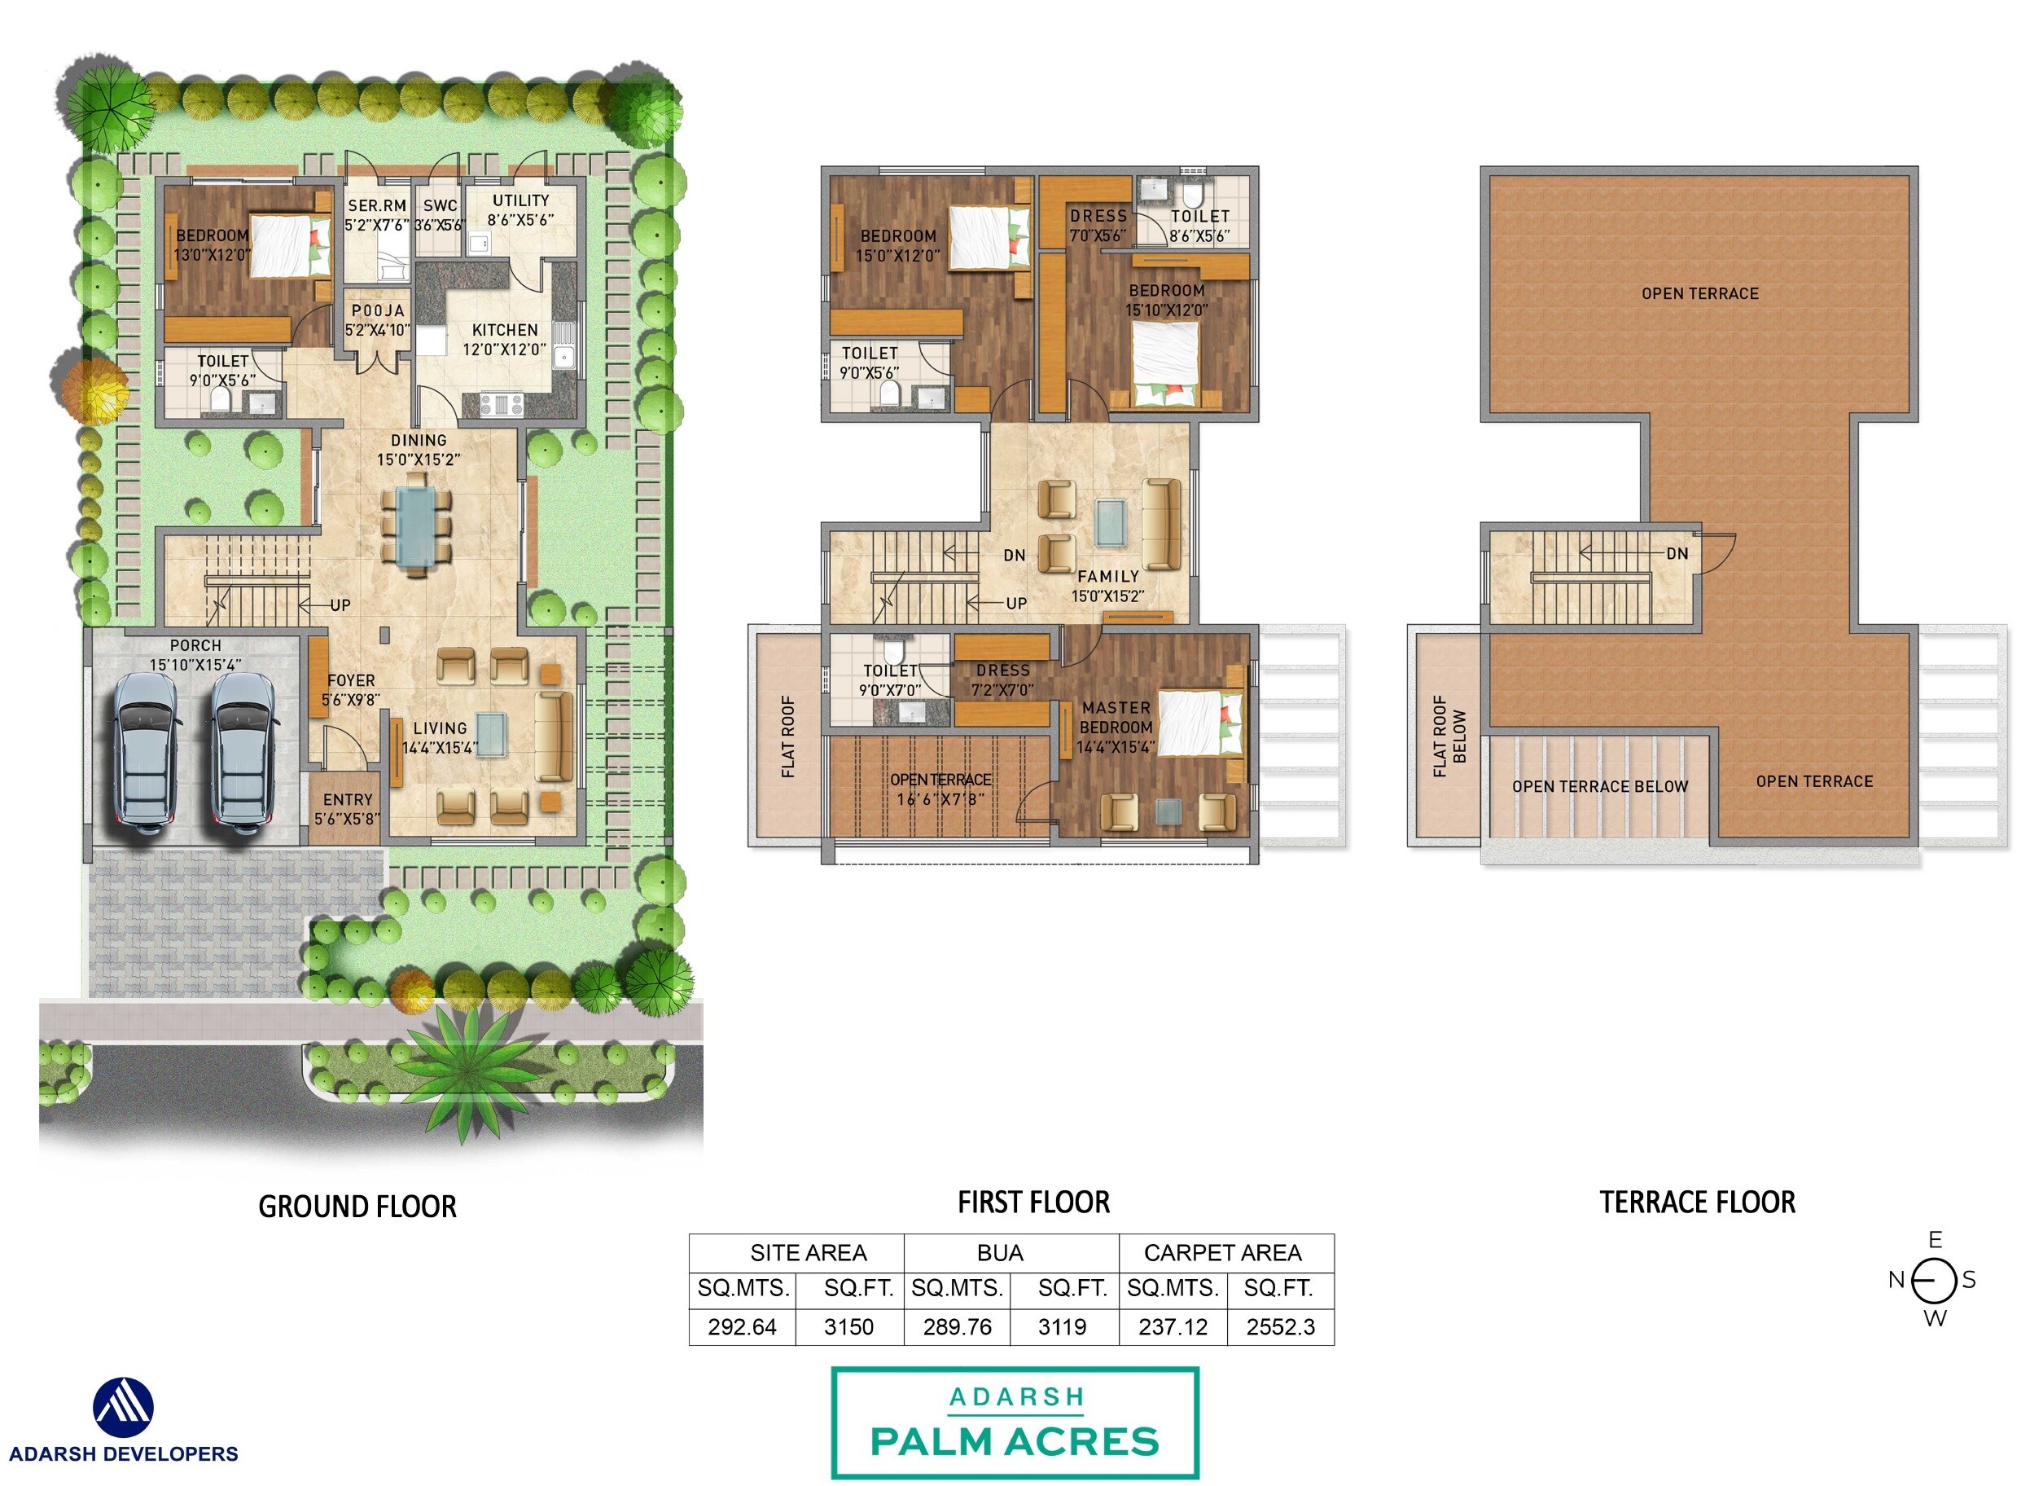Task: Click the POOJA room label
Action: pyautogui.click(x=378, y=311)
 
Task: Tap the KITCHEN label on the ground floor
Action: pyautogui.click(x=505, y=331)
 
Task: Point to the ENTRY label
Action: pyautogui.click(x=348, y=800)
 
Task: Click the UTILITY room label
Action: pyautogui.click(x=520, y=201)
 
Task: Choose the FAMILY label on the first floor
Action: pyautogui.click(x=1108, y=577)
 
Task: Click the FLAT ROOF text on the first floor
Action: pyautogui.click(x=788, y=736)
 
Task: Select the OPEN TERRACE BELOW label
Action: pyautogui.click(x=1600, y=787)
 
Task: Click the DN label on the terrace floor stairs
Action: pyautogui.click(x=1677, y=554)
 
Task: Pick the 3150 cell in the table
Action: pyautogui.click(x=848, y=1326)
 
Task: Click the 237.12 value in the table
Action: pyautogui.click(x=1172, y=1326)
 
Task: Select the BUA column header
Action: pyautogui.click(x=1000, y=1253)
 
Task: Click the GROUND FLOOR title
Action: pyautogui.click(x=357, y=1207)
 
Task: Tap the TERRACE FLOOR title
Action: pyautogui.click(x=1697, y=1202)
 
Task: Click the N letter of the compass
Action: pyautogui.click(x=1896, y=1280)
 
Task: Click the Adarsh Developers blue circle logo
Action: pyautogui.click(x=124, y=1407)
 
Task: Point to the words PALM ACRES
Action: pyautogui.click(x=1015, y=1442)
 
